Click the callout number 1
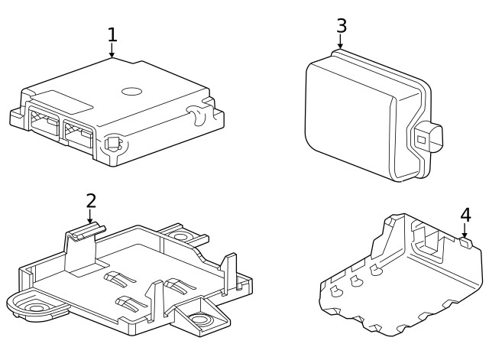point(112,35)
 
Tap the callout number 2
point(91,201)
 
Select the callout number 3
point(342,26)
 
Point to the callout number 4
point(465,215)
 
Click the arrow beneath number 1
point(112,51)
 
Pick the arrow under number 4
point(465,232)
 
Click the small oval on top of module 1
point(132,92)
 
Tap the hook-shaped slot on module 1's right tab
point(198,117)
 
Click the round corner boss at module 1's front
point(115,143)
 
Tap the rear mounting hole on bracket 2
point(181,236)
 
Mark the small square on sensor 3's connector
point(421,139)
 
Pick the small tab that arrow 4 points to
point(467,242)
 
